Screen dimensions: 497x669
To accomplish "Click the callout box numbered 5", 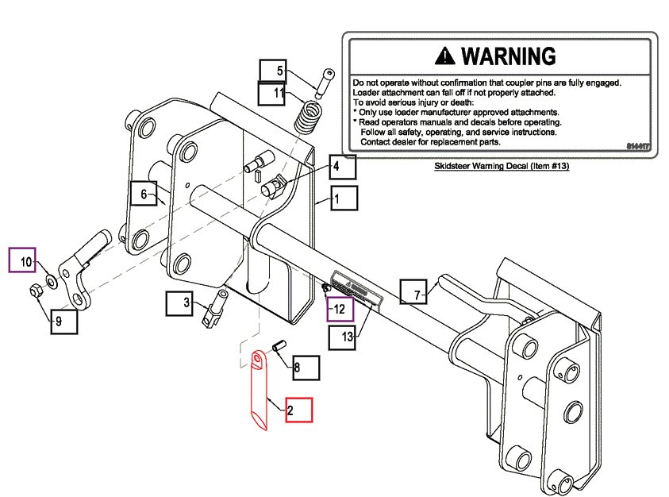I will (272, 71).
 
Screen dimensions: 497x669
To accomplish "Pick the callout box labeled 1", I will (344, 198).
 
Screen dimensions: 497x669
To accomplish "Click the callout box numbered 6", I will (144, 194).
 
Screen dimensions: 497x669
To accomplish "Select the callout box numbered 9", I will (63, 321).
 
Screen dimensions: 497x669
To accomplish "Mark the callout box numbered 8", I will (305, 368).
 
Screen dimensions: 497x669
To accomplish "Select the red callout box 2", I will (299, 410).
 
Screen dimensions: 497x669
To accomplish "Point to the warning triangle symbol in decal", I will (446, 56).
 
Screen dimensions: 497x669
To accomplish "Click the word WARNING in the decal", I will (508, 56).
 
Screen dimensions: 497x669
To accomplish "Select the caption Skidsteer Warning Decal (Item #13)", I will (502, 168).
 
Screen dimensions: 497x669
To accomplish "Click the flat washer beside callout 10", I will (51, 280).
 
